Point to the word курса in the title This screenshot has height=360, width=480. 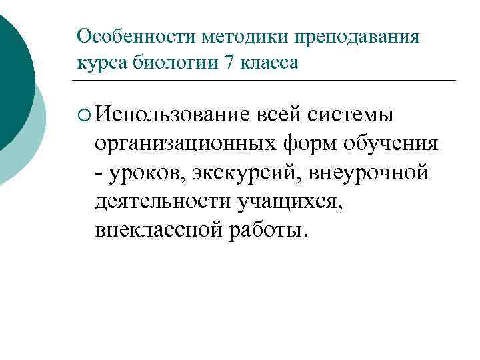click(x=101, y=63)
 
